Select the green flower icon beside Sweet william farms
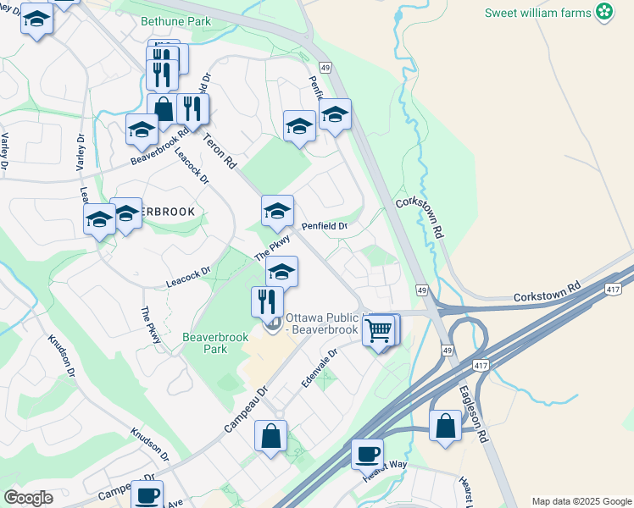click(604, 12)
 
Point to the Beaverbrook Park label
click(206, 342)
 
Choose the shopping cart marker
click(381, 330)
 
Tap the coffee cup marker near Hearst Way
click(367, 454)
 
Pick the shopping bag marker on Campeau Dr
click(270, 436)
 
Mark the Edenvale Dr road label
click(320, 367)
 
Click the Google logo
click(29, 498)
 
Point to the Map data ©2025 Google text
click(581, 501)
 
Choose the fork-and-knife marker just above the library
click(266, 302)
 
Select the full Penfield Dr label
click(325, 226)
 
